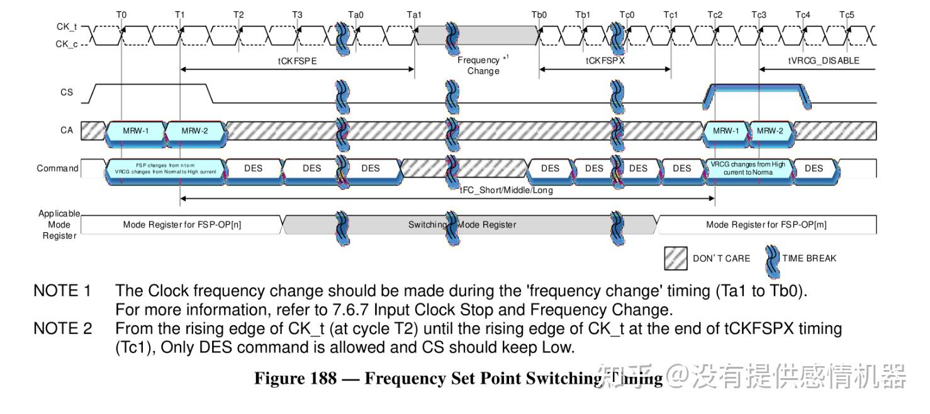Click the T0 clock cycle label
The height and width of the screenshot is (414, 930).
pyautogui.click(x=121, y=14)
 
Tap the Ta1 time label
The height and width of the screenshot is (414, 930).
pyautogui.click(x=414, y=14)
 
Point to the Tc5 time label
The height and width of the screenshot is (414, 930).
pyautogui.click(x=847, y=14)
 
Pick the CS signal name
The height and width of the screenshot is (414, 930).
pyautogui.click(x=67, y=92)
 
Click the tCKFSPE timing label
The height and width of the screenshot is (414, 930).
pyautogui.click(x=297, y=61)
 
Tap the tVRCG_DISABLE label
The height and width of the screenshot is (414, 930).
pyautogui.click(x=824, y=61)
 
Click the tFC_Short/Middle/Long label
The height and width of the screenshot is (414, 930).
pyautogui.click(x=507, y=190)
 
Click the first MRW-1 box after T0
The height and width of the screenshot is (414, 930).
pyautogui.click(x=135, y=131)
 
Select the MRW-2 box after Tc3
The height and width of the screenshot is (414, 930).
pyautogui.click(x=770, y=131)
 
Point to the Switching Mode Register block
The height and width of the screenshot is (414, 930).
pyautogui.click(x=462, y=225)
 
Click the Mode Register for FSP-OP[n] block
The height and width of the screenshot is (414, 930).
pyautogui.click(x=182, y=225)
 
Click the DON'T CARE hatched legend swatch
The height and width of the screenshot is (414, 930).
pyautogui.click(x=676, y=258)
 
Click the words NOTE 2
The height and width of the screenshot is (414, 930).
pyautogui.click(x=62, y=328)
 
